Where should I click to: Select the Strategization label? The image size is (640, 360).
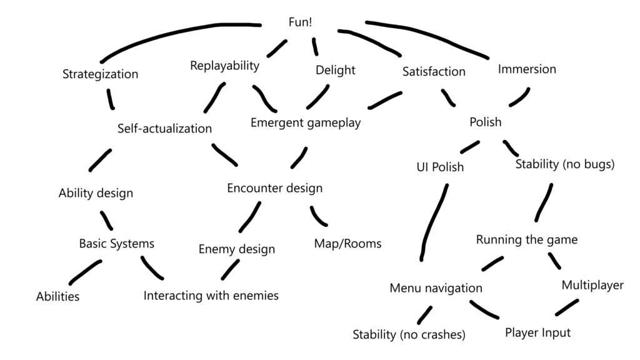coord(100,74)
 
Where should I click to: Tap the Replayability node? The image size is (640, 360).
coord(224,64)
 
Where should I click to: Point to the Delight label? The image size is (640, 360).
coord(335,70)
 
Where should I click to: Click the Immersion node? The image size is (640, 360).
coord(527,69)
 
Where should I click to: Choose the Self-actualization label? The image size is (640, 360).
coord(164,129)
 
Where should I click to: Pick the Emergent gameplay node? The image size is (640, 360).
coord(306,122)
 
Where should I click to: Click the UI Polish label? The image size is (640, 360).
coord(440,167)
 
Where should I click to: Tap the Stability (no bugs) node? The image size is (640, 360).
coord(565,165)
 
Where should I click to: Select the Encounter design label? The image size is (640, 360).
coord(274,188)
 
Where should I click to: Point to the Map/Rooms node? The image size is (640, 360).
coord(347,244)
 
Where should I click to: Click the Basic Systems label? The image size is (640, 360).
coord(116,244)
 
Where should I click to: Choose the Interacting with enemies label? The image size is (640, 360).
coord(211,295)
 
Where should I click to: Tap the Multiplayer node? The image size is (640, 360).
coord(592,285)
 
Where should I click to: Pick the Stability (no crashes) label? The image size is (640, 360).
coord(409,334)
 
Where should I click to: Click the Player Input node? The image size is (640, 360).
coord(537,332)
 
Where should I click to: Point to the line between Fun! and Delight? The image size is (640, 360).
coord(316,47)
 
